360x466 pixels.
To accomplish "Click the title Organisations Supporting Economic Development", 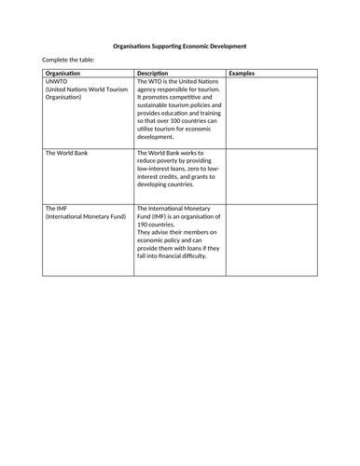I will [180, 45].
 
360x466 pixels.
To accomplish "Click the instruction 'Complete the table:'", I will [66, 62].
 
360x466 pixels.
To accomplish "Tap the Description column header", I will [155, 73].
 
